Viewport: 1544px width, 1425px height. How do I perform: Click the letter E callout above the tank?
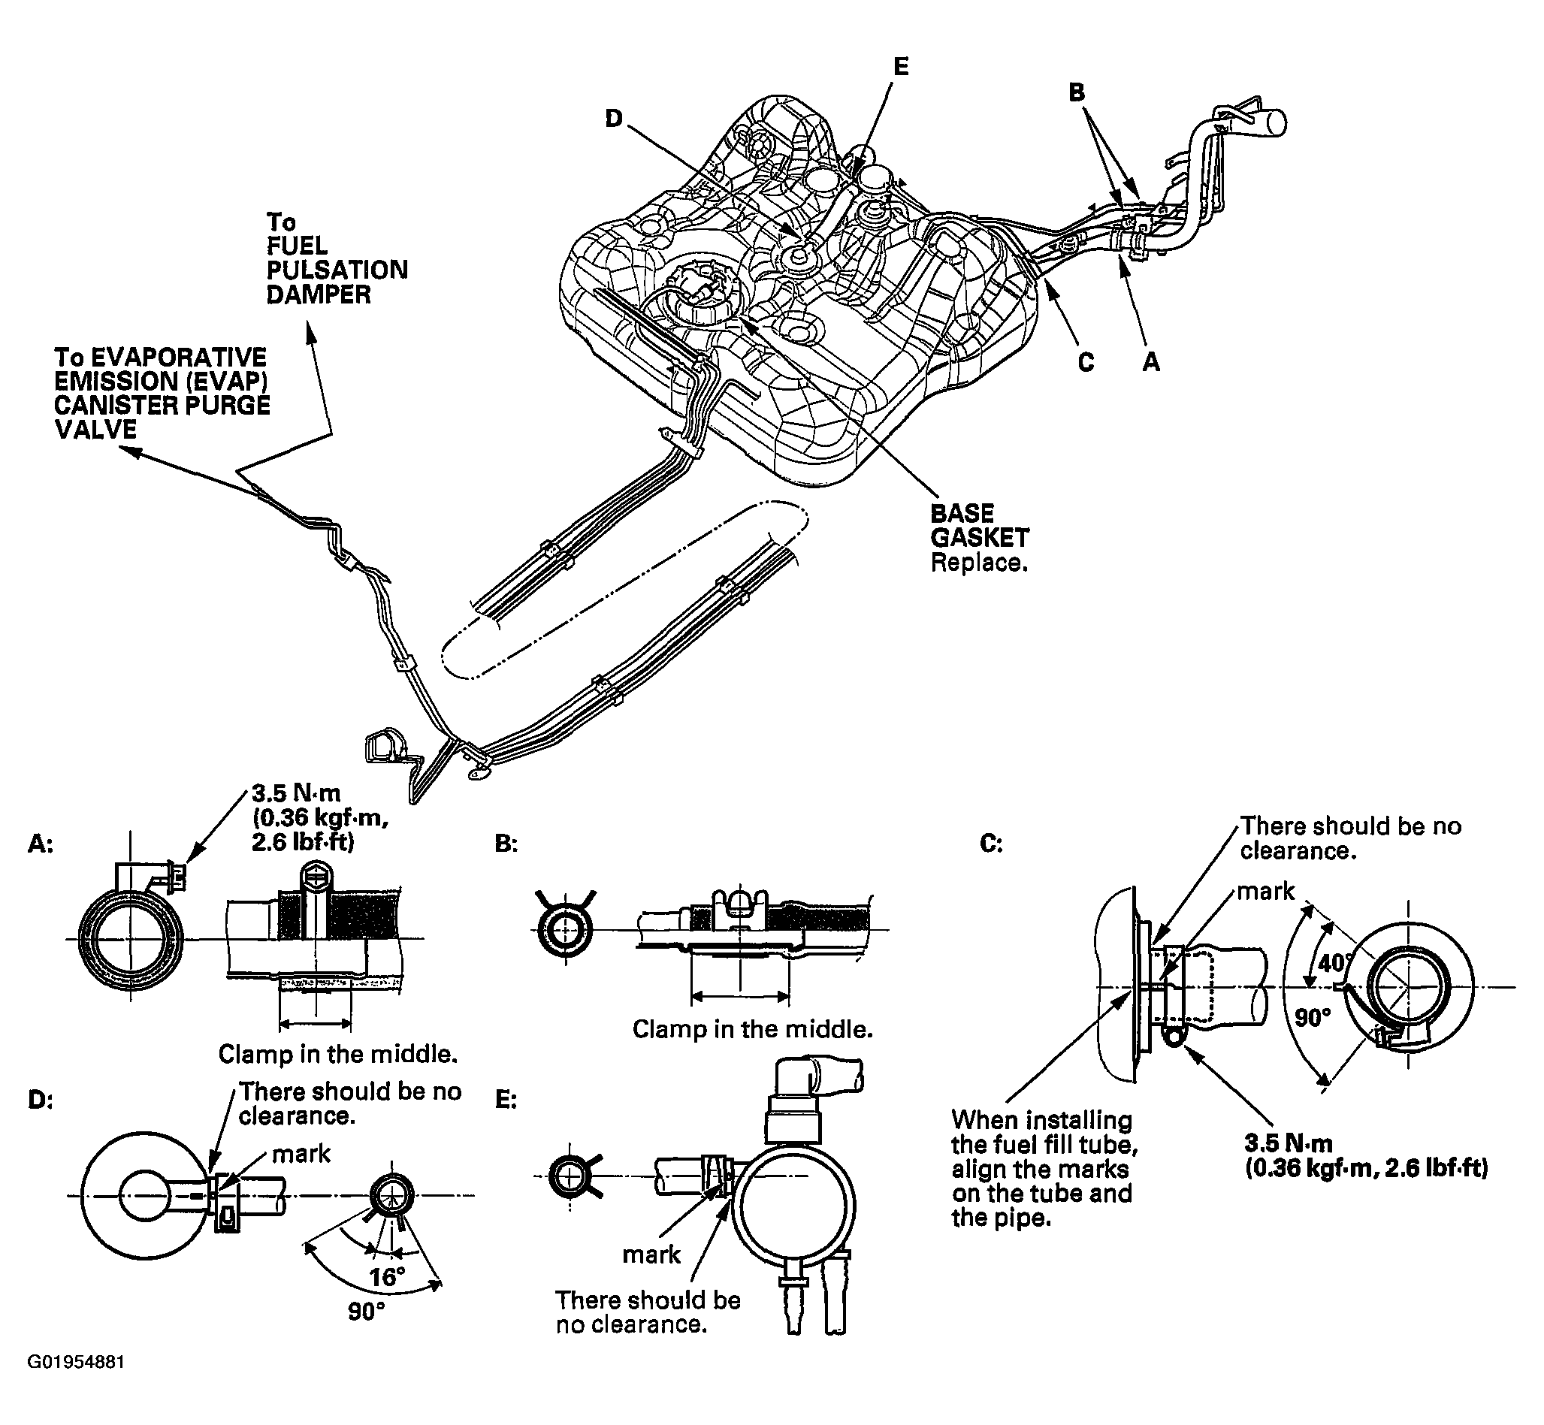click(901, 67)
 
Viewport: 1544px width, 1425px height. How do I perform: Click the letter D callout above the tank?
click(614, 119)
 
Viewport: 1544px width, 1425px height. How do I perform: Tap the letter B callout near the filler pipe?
click(1077, 92)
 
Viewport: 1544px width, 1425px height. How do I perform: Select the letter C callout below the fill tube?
click(1086, 361)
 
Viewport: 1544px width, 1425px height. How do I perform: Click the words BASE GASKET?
click(980, 525)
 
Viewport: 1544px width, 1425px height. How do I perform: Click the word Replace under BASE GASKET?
click(979, 562)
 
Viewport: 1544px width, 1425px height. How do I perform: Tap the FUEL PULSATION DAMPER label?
click(337, 258)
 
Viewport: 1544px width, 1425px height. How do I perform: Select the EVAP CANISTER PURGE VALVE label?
click(162, 394)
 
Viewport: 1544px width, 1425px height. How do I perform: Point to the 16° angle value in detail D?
click(386, 1277)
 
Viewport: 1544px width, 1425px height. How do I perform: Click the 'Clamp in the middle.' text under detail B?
click(752, 1028)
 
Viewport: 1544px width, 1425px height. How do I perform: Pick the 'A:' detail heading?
click(41, 844)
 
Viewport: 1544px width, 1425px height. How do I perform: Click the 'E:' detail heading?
click(506, 1100)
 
